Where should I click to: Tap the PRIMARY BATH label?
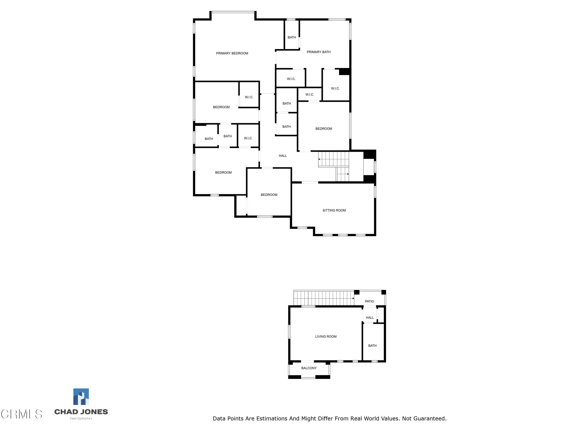319,52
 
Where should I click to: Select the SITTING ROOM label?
334,210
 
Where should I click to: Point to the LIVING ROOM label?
326,336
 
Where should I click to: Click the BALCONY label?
309,368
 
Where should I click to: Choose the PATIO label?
369,301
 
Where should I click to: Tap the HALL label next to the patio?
370,317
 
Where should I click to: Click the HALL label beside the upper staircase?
283,156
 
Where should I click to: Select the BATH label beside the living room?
372,346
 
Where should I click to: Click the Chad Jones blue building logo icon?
81,397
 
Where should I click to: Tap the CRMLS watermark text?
21,414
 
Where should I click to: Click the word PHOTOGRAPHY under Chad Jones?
81,419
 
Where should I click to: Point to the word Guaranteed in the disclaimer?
427,419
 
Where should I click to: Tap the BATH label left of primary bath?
292,37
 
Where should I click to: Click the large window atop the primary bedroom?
233,12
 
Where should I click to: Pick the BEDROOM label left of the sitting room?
269,195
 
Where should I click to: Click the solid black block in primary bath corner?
344,72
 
